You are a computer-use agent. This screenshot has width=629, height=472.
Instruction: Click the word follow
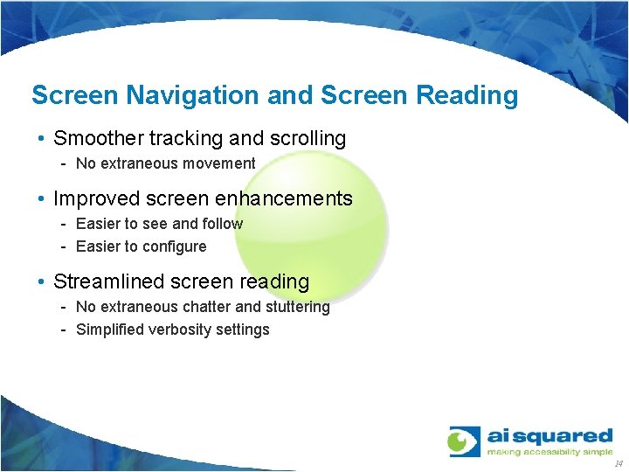[222, 224]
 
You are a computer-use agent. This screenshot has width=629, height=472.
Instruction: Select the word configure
[174, 246]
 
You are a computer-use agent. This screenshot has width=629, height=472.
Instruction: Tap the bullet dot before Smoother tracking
[42, 139]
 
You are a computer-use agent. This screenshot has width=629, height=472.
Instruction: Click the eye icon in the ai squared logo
[464, 441]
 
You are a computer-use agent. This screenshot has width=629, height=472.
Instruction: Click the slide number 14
[619, 464]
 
